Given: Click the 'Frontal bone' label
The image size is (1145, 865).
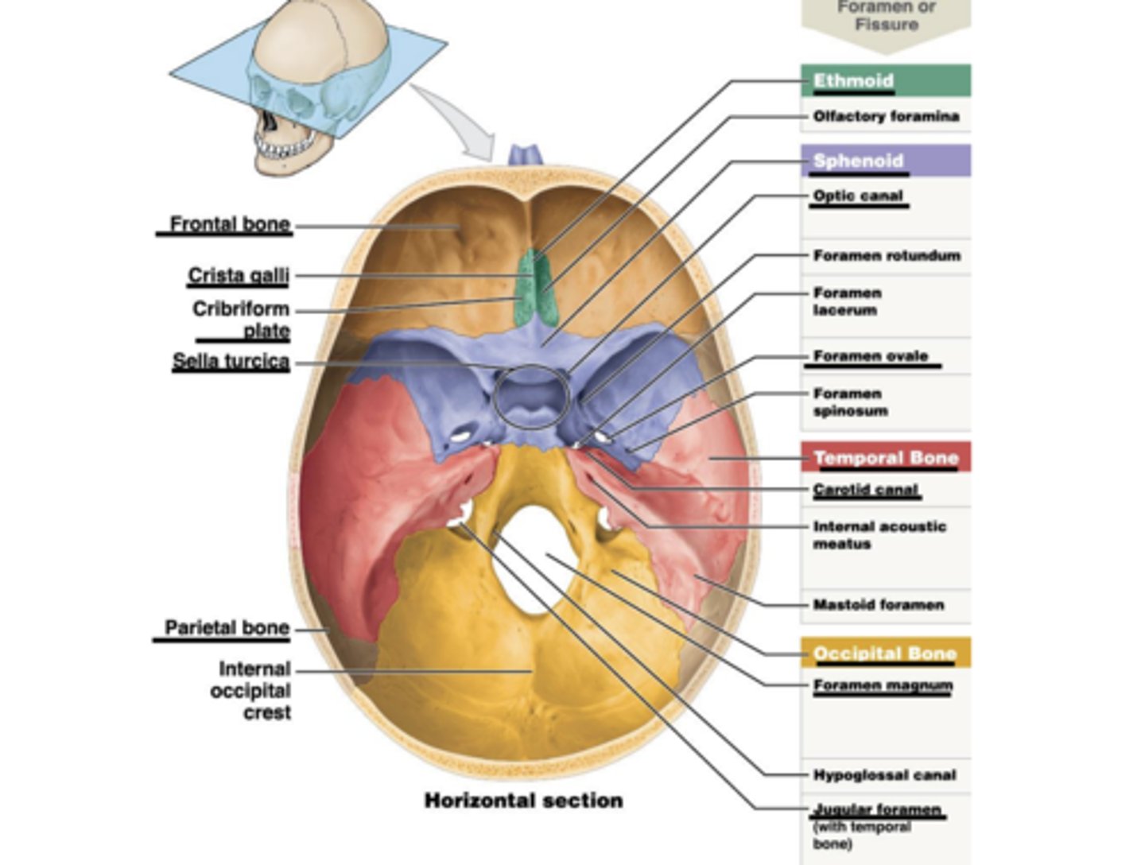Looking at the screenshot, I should pos(230,224).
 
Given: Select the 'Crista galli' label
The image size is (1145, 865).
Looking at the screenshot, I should pos(238,275).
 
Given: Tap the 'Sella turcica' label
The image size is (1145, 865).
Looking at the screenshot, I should pos(231,361).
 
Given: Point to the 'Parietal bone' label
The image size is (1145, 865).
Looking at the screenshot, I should pos(227,628).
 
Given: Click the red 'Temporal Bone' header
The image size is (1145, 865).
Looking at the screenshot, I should pos(885,458).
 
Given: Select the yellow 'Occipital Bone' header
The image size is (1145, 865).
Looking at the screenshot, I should pos(884,654).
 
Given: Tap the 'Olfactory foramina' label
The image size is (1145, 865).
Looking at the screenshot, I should pos(886,116).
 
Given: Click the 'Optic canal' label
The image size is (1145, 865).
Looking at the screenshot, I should pos(858,196).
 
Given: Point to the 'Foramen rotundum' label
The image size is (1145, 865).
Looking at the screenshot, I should pos(887,255).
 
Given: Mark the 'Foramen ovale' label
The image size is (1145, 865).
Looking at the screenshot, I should pos(871,356).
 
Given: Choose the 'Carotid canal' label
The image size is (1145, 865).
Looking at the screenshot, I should pos(865,490).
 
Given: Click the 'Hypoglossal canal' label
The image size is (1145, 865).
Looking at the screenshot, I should pos(884,775).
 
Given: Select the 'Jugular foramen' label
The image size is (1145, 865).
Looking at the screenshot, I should pos(877,810).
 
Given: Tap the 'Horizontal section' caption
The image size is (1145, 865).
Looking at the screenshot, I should pos(523,801).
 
